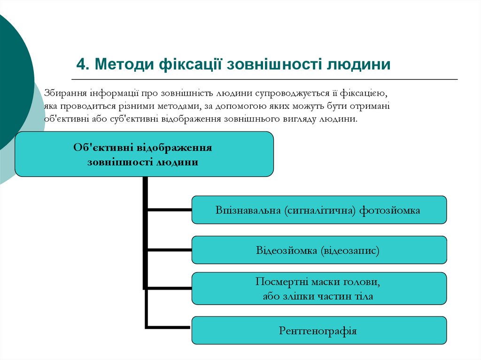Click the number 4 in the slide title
[80, 64]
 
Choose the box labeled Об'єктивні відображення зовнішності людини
[144, 154]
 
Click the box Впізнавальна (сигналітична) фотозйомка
[319, 210]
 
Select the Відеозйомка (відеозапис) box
[319, 250]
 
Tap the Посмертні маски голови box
[319, 289]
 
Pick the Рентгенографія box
[319, 330]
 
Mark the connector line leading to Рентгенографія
[169, 326]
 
